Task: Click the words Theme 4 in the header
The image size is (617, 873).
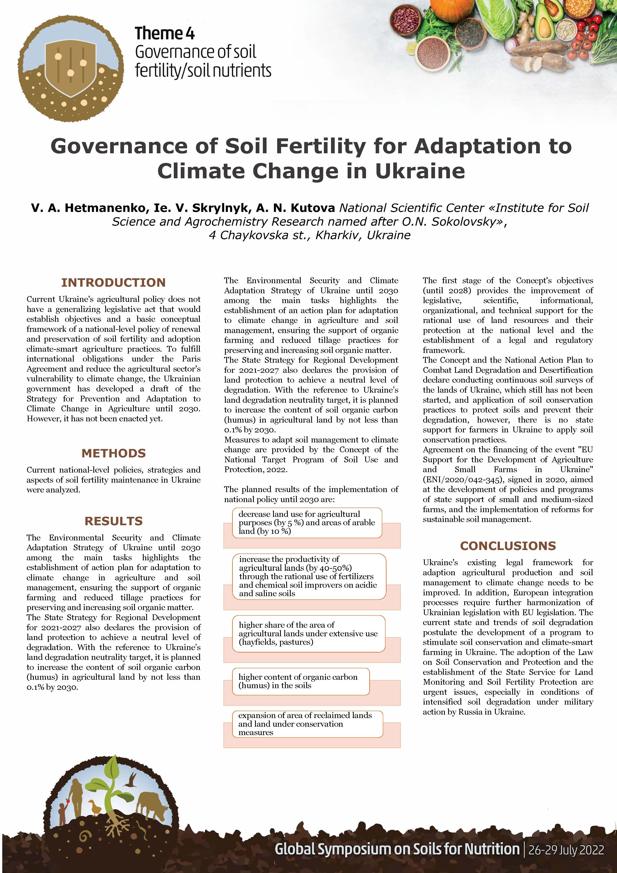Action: pos(165,33)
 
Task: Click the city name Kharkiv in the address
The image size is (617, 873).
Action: pos(339,235)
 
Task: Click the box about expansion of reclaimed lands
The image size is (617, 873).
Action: pos(307,724)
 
